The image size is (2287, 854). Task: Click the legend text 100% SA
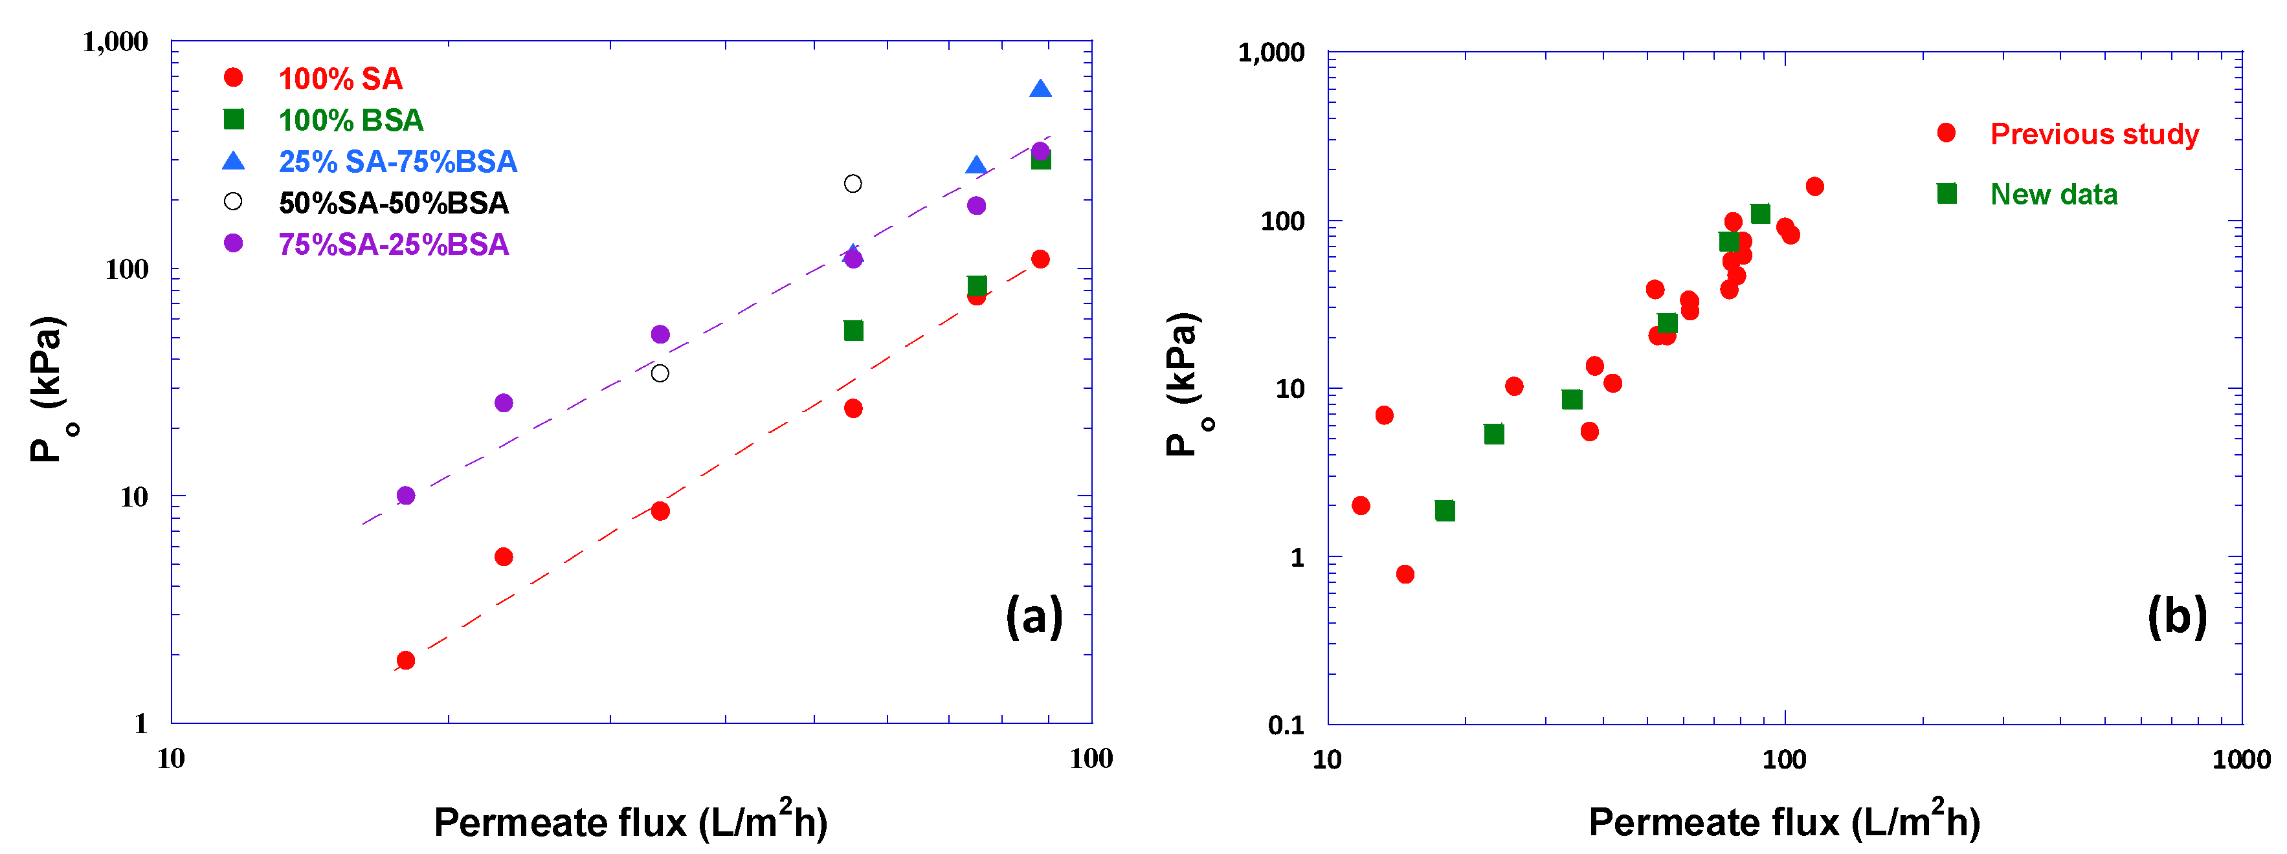coord(340,79)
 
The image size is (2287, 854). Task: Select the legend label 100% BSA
coord(351,120)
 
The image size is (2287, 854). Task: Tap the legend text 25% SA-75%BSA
coord(397,162)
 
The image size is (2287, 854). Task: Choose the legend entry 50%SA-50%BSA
coord(394,203)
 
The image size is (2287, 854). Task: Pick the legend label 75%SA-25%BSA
coord(394,244)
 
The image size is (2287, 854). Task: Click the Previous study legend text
coord(2093,134)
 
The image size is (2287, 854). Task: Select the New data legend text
coord(2053,194)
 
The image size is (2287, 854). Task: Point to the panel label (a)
coord(1033,615)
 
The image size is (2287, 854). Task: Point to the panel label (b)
coord(2176,615)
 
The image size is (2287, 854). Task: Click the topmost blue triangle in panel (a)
coord(1040,89)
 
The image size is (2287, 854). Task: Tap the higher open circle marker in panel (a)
coord(853,184)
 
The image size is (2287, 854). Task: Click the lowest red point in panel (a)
coord(406,661)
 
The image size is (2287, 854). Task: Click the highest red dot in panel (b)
coord(1814,186)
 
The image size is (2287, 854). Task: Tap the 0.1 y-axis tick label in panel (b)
coord(1286,725)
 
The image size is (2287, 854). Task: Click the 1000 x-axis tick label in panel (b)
coord(2241,760)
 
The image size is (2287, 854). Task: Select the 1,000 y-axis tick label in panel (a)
coord(115,41)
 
